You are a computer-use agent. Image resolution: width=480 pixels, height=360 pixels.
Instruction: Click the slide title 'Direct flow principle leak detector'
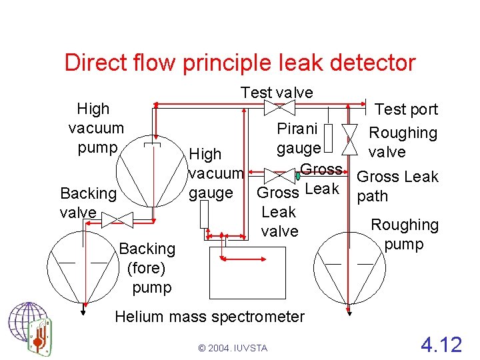[240, 63]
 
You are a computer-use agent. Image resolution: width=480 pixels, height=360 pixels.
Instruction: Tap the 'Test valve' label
[277, 93]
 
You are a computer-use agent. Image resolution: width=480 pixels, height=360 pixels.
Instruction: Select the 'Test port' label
[406, 109]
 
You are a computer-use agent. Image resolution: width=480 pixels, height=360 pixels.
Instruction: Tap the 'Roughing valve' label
[403, 142]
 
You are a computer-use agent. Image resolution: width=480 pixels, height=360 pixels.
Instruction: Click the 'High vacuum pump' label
[97, 127]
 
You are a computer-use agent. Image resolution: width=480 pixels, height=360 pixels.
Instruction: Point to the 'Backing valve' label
[87, 203]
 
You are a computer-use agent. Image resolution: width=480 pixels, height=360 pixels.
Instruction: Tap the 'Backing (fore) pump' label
[147, 268]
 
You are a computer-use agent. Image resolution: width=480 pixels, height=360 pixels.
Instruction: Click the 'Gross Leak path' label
[397, 186]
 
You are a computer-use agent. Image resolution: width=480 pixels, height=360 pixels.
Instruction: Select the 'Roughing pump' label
[405, 235]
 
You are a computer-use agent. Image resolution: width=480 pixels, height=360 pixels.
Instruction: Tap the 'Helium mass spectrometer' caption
[210, 317]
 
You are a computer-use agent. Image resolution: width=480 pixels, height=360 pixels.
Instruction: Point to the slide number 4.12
[441, 345]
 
